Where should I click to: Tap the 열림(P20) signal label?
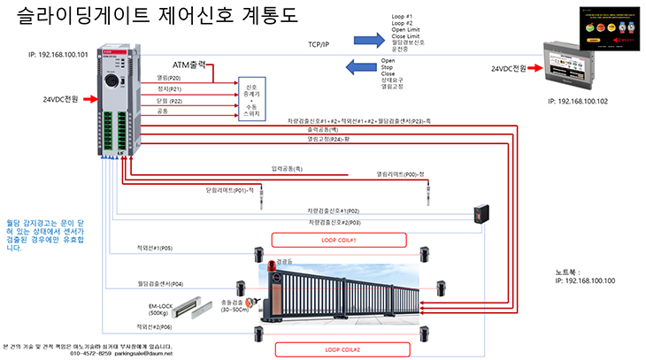[169, 78]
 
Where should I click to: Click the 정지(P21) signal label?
[169, 89]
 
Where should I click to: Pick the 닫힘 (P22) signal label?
[169, 101]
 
